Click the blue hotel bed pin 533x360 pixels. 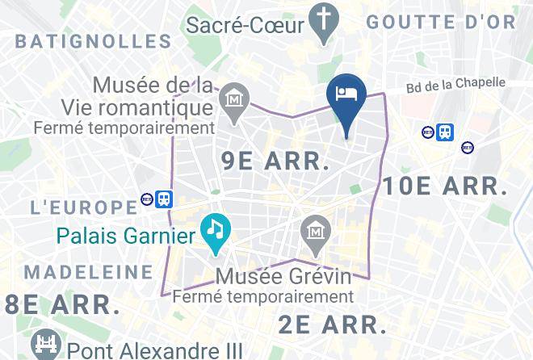point(346,94)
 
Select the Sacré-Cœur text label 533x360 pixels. point(245,24)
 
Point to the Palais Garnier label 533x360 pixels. point(126,237)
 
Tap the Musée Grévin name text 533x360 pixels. point(283,277)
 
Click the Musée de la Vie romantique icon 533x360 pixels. point(235,102)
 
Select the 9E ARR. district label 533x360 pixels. point(275,160)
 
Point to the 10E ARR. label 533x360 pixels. point(445,186)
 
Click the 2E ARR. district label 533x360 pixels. point(331,324)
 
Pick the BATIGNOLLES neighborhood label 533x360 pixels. point(93,41)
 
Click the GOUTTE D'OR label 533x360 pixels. point(440,23)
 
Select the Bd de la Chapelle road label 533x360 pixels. point(457,85)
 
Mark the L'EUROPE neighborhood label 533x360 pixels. point(83,207)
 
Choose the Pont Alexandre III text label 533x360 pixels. point(155,350)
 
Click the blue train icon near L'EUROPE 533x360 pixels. point(165,199)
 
